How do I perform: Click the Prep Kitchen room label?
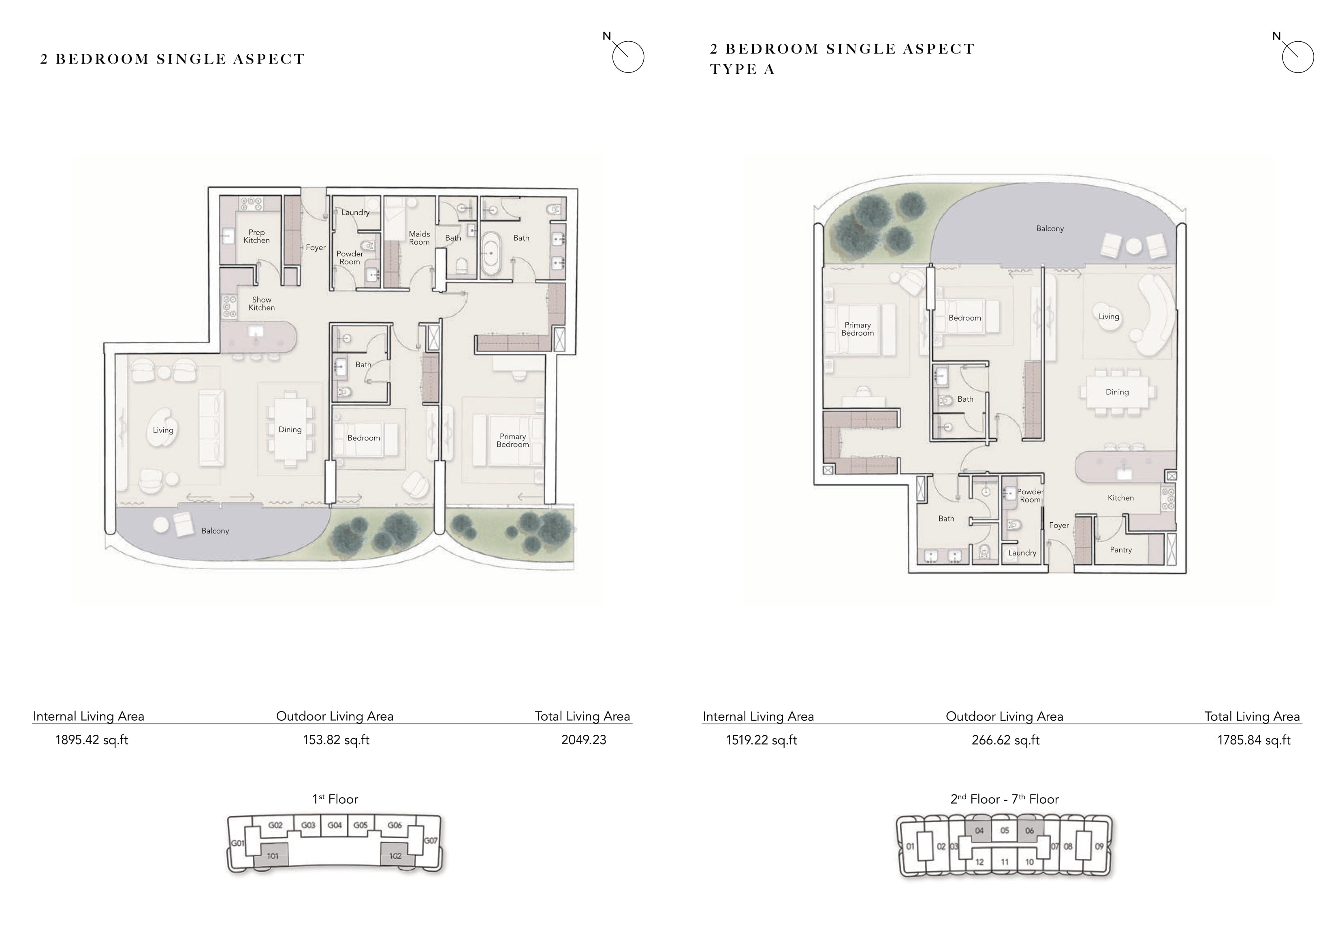[x=257, y=236]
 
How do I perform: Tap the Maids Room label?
[x=419, y=238]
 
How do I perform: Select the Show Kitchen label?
[x=261, y=303]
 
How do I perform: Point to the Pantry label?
[x=1120, y=550]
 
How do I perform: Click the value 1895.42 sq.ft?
[x=92, y=740]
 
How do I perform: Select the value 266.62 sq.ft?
[x=1005, y=740]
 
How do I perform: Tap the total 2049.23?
[x=584, y=740]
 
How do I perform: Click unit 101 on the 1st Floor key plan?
[x=272, y=855]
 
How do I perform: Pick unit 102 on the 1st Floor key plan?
[x=395, y=855]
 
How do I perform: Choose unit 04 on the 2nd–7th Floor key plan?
[x=979, y=831]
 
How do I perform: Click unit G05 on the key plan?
[x=361, y=826]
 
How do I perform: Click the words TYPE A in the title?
[x=743, y=69]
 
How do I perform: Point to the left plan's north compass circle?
[x=628, y=57]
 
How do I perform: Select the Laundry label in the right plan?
[x=1022, y=553]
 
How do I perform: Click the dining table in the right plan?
[x=1117, y=392]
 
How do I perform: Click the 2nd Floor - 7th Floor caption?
[x=1005, y=799]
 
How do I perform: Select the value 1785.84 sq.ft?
[x=1254, y=740]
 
